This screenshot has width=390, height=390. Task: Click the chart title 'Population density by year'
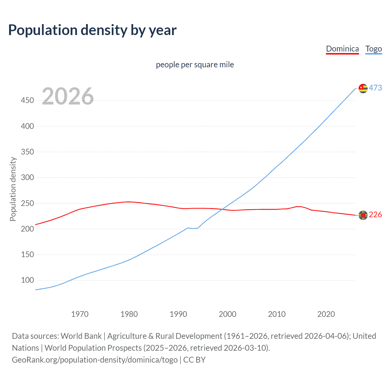[x=92, y=30]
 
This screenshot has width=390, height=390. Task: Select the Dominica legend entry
[x=342, y=49]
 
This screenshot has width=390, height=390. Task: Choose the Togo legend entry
[x=374, y=49]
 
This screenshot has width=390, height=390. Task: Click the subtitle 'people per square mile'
[x=195, y=65]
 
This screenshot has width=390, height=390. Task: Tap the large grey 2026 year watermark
[x=68, y=96]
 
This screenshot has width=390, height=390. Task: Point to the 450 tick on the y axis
[x=27, y=100]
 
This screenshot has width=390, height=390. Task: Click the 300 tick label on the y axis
[x=27, y=177]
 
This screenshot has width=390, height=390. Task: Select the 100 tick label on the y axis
[x=27, y=280]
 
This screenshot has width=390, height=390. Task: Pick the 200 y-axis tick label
[x=27, y=229]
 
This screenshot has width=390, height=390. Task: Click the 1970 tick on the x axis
[x=80, y=314]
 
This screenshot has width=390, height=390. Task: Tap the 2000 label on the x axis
[x=227, y=314]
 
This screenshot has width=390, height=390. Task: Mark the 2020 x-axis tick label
[x=326, y=314]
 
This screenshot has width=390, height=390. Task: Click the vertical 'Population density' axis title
[x=13, y=189]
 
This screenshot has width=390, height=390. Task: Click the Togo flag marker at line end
[x=363, y=88]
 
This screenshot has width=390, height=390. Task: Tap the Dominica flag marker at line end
[x=363, y=215]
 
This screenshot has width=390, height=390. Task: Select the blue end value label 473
[x=375, y=88]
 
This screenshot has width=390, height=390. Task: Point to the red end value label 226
[x=375, y=215]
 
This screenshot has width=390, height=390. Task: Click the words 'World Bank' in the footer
[x=81, y=336]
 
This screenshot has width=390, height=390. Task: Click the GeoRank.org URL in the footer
[x=95, y=360]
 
